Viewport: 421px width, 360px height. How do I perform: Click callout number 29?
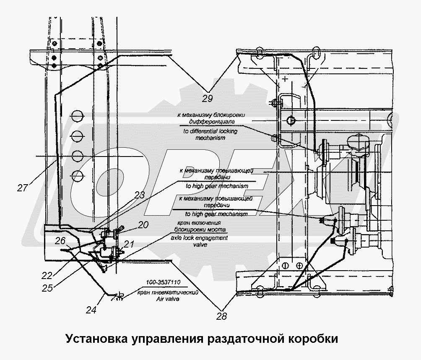207,99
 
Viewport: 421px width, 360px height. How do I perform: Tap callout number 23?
139,195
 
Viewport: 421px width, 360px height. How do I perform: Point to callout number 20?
143,225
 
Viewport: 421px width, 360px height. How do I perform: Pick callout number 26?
60,241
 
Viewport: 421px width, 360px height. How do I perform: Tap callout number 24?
91,310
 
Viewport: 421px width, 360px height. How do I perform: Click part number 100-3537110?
164,282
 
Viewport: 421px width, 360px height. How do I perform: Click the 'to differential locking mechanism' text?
210,134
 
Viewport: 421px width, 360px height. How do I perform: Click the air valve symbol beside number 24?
119,297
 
